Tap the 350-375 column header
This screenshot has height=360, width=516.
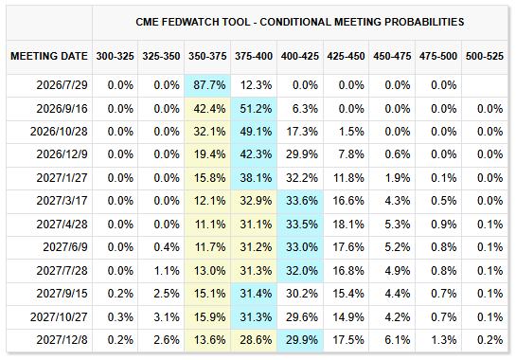point(207,56)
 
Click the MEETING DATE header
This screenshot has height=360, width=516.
point(49,56)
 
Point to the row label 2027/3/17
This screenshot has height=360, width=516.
point(62,201)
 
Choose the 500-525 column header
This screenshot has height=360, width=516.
point(485,56)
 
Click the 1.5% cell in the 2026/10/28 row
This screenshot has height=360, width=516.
point(351,132)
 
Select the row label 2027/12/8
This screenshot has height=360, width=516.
point(62,339)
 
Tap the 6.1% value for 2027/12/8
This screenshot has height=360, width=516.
point(398,339)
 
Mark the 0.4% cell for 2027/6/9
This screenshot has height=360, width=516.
point(167,247)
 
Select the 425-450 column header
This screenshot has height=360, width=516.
point(346,56)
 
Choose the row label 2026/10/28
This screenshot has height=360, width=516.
point(59,132)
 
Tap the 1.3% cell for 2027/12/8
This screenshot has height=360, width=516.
point(444,339)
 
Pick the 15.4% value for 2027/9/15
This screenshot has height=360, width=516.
point(348,293)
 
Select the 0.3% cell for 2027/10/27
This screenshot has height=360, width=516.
point(120,316)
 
